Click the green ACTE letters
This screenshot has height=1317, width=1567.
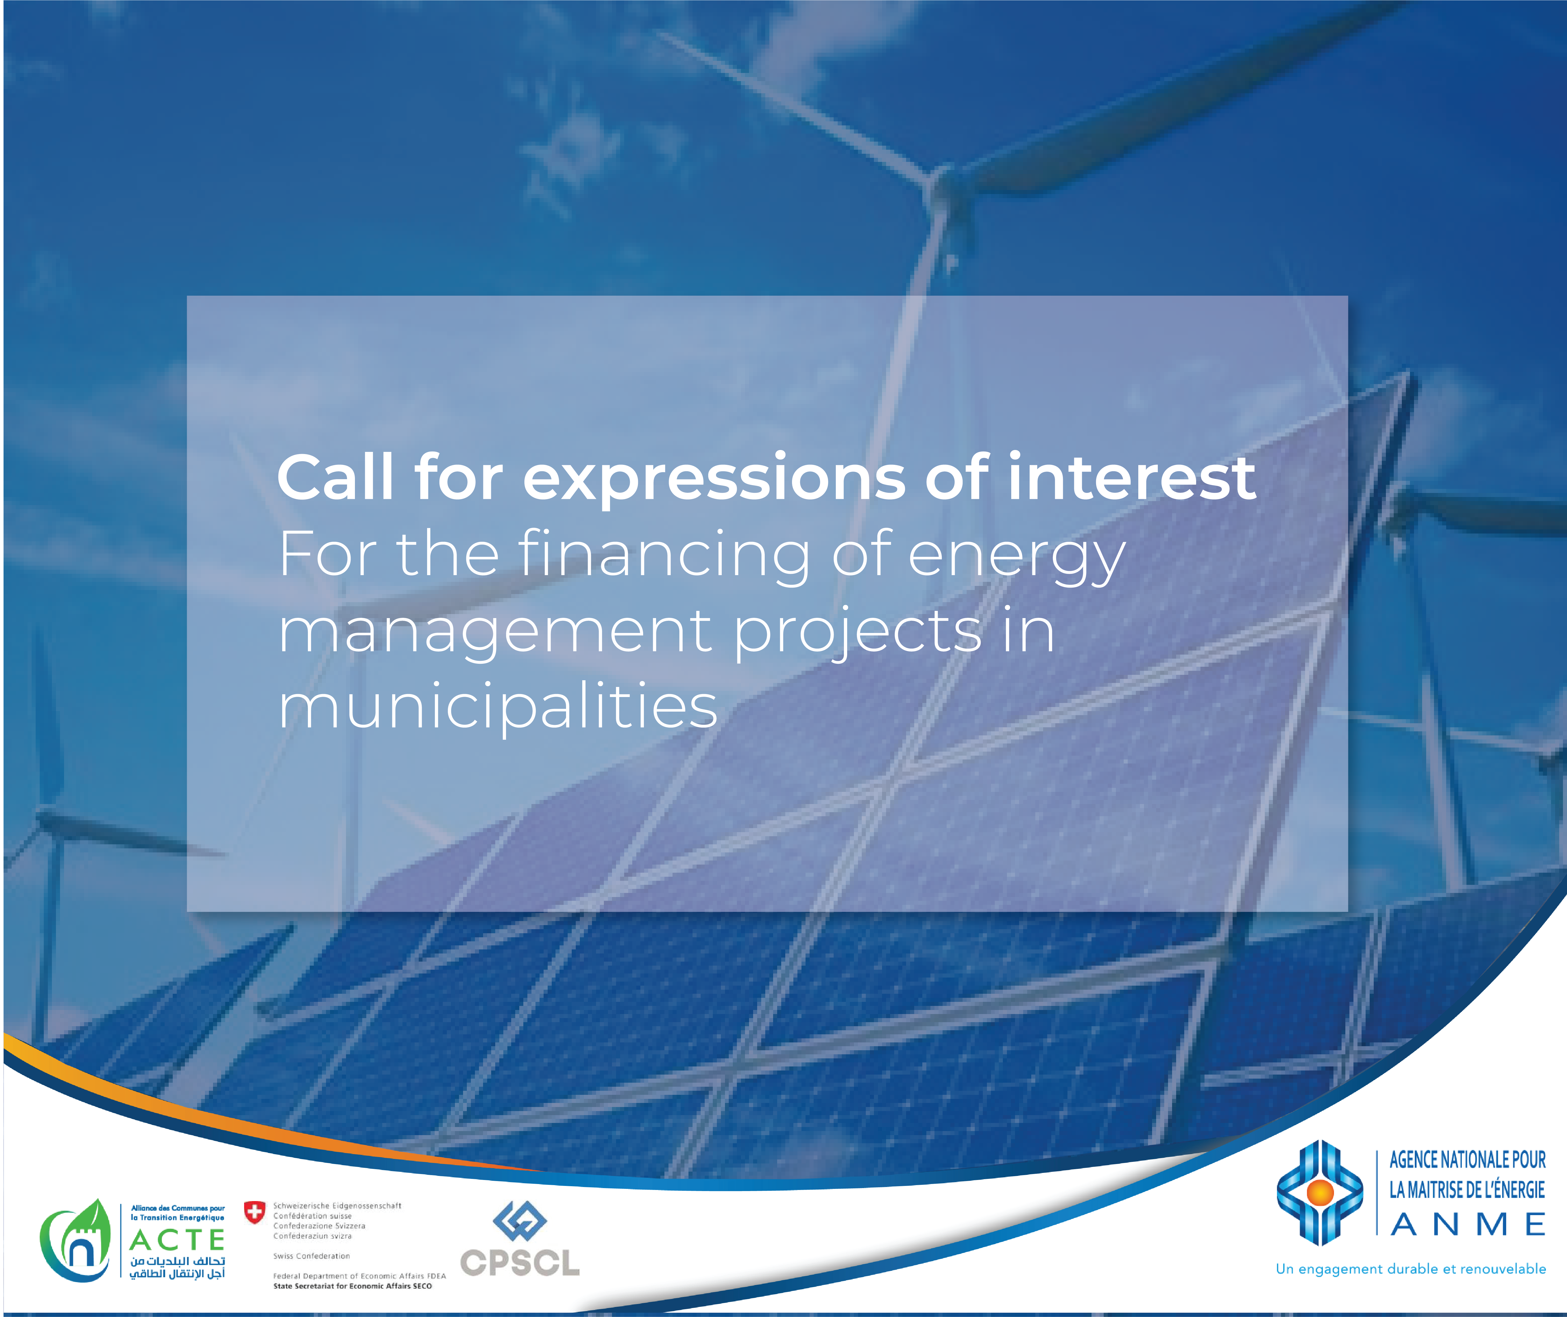pos(177,1241)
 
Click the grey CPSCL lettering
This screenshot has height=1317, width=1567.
pos(520,1263)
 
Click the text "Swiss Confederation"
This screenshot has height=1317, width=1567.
pos(311,1256)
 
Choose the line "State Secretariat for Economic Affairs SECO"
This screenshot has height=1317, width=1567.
pos(352,1286)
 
